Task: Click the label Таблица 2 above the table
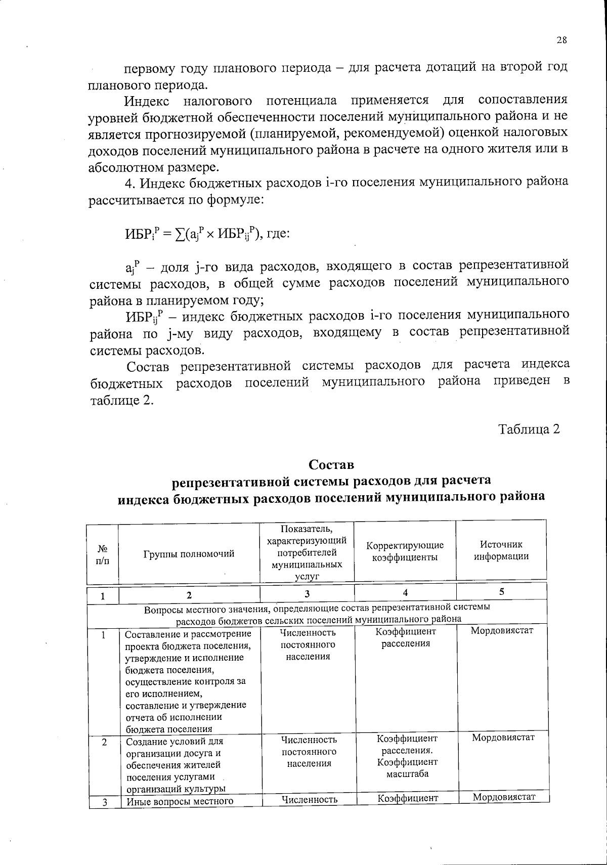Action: [529, 429]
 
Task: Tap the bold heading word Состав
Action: [331, 464]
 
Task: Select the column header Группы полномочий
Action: [189, 554]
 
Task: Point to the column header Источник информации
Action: [501, 550]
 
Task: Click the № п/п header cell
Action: [103, 554]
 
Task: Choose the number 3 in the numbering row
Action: [307, 594]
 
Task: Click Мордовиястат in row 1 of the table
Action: [502, 631]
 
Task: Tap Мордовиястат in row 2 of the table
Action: [503, 737]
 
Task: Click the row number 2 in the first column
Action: [104, 742]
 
